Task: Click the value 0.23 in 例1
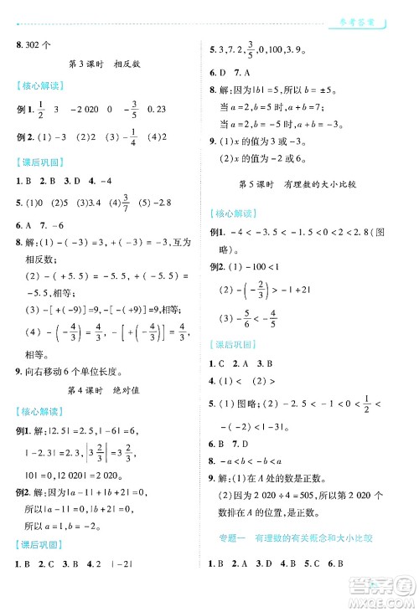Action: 157,109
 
